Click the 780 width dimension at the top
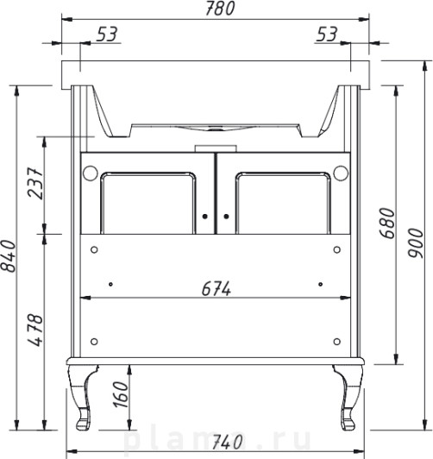pos(220,9)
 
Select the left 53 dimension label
pos(107,34)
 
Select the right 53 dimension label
pos(327,34)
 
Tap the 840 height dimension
pos(8,256)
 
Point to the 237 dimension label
pos(35,183)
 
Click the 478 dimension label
pos(35,330)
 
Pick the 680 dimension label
pos(387,223)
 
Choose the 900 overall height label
pos(416,243)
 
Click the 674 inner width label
pos(216,289)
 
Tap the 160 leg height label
pos(121,394)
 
